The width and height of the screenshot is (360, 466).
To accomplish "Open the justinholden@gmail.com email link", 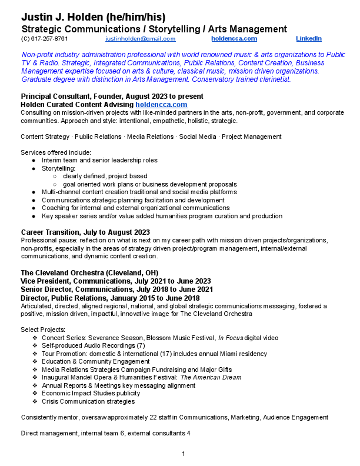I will point(141,39).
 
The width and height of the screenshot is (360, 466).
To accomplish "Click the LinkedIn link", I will point(308,39).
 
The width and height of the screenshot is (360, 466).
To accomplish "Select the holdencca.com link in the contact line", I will point(234,39).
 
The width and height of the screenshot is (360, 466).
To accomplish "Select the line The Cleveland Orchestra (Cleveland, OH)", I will point(89,272).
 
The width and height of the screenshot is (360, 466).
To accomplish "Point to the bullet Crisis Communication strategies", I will point(88,401).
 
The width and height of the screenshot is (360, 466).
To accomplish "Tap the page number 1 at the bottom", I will point(184,454).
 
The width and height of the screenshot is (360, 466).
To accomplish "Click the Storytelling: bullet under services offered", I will point(58,168).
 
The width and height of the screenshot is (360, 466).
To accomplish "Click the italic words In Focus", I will point(231,338).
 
